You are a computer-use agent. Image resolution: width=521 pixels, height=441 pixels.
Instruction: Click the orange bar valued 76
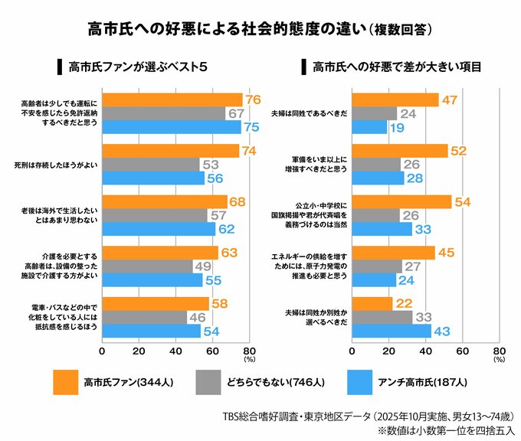tap(172, 100)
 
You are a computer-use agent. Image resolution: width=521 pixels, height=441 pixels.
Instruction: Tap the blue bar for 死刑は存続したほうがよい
tap(153, 178)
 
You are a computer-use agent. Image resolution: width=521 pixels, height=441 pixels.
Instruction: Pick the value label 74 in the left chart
tap(248, 152)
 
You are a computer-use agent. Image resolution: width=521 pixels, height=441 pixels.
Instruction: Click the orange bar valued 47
tap(395, 100)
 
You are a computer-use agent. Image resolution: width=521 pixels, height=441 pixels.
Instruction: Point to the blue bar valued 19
tap(369, 127)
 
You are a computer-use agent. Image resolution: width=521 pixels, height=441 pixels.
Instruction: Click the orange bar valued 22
tap(371, 304)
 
